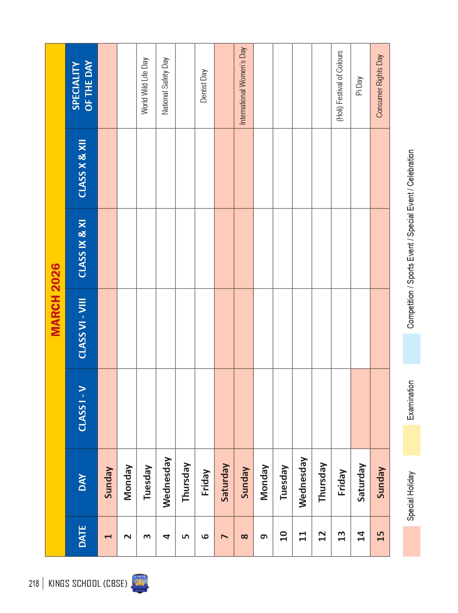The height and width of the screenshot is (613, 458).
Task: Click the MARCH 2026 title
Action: pyautogui.click(x=56, y=300)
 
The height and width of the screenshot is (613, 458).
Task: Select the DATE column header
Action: pyautogui.click(x=82, y=536)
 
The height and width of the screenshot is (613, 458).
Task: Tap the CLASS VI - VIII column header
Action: pyautogui.click(x=82, y=328)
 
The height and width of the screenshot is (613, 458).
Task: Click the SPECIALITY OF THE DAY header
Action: pyautogui.click(x=82, y=86)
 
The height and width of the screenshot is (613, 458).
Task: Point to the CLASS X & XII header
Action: pyautogui.click(x=82, y=168)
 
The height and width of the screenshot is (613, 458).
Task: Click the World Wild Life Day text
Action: pyautogui.click(x=145, y=86)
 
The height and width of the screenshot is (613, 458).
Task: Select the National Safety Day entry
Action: pyautogui.click(x=165, y=86)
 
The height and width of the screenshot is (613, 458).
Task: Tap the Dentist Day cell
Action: pyautogui.click(x=204, y=86)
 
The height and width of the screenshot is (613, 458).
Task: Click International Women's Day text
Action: pyautogui.click(x=243, y=86)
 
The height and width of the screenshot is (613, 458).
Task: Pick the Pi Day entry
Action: pyautogui.click(x=360, y=86)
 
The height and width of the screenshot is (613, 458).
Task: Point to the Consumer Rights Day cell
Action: pyautogui.click(x=380, y=86)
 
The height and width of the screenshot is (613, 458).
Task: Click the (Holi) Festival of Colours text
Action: pyautogui.click(x=340, y=86)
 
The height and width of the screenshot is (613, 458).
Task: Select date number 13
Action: pyautogui.click(x=341, y=536)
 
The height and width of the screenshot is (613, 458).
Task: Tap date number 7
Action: pyautogui.click(x=224, y=536)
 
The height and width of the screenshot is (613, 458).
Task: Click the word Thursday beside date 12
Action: pyautogui.click(x=322, y=482)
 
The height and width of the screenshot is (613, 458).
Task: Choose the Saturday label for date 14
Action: pyautogui.click(x=361, y=482)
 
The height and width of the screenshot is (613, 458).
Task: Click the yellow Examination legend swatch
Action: pyautogui.click(x=115, y=440)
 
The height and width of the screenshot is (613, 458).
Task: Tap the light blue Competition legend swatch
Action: pyautogui.click(x=115, y=349)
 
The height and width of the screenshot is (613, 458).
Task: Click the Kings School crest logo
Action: pyautogui.click(x=140, y=583)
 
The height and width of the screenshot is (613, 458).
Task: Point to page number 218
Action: pyautogui.click(x=34, y=583)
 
